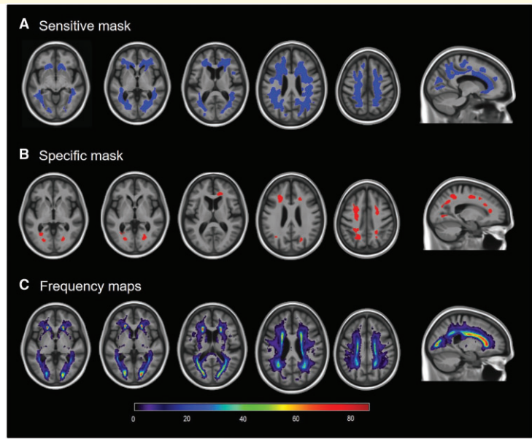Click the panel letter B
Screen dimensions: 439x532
pos(24,156)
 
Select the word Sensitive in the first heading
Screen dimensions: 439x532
pos(63,26)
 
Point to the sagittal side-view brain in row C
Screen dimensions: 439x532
pos(467,343)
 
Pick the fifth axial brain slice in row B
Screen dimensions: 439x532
pos(366,216)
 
